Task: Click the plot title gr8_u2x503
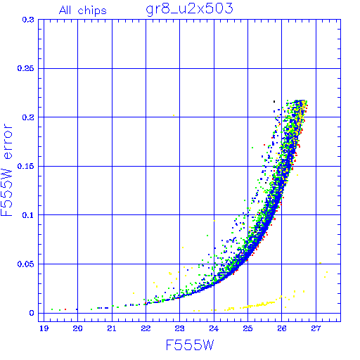[x=189, y=9]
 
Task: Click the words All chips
[x=83, y=11]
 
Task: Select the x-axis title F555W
[x=190, y=345]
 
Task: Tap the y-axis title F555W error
[x=6, y=170]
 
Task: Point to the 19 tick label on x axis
[x=44, y=328]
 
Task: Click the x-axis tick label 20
[x=77, y=328]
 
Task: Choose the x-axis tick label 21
[x=112, y=328]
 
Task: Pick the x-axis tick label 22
[x=146, y=328]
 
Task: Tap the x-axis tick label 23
[x=180, y=328]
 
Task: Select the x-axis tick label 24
[x=214, y=328]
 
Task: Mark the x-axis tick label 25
[x=247, y=328]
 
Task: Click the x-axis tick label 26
[x=282, y=328]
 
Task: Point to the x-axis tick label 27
[x=316, y=328]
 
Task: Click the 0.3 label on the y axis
[x=28, y=20]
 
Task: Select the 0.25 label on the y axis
[x=25, y=68]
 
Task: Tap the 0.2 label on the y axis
[x=28, y=117]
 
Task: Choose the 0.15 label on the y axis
[x=25, y=166]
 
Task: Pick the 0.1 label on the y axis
[x=28, y=215]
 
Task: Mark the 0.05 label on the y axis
[x=25, y=264]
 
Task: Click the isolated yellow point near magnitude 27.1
[x=320, y=263]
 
